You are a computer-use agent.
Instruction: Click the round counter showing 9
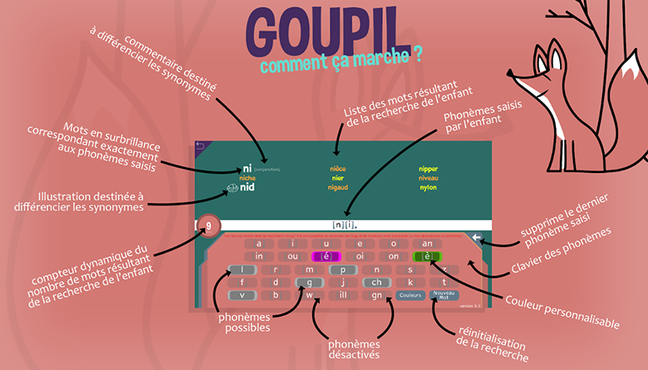pos(210,225)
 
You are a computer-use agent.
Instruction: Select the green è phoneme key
pos(427,256)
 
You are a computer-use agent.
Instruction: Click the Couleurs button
pos(410,294)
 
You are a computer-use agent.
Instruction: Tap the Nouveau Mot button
pos(444,294)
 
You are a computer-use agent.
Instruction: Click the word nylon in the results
pos(428,187)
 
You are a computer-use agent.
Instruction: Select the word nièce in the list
pos(336,169)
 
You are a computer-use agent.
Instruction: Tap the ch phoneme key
pos(376,282)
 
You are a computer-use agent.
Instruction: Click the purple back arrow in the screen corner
pos(199,146)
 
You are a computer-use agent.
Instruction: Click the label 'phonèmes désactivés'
pos(355,349)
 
